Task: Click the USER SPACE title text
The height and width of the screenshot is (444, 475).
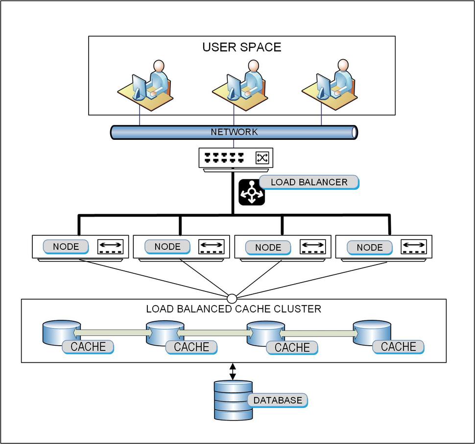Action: pos(242,47)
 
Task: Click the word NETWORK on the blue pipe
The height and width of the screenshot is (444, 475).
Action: pos(234,132)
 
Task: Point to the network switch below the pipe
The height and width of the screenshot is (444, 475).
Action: pos(236,158)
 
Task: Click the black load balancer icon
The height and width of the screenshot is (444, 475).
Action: pos(251,192)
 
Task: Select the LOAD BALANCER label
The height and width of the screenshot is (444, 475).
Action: pos(309,182)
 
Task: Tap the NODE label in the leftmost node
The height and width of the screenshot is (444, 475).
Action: pos(66,246)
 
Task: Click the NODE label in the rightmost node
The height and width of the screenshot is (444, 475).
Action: pos(370,247)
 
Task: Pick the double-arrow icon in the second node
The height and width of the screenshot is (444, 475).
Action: pos(211,246)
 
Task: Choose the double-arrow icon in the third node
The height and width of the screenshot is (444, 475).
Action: pos(312,246)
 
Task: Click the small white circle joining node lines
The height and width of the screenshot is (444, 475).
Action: pos(232,298)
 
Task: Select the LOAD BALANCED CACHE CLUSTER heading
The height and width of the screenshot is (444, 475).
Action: pos(234,309)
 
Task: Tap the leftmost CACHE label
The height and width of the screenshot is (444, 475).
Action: pos(88,347)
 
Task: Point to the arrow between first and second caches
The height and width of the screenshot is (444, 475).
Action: pos(113,333)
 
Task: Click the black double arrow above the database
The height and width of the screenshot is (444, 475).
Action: pos(233,371)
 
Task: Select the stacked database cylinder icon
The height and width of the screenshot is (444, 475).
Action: pos(233,400)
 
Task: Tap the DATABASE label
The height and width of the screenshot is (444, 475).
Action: pos(278,400)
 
